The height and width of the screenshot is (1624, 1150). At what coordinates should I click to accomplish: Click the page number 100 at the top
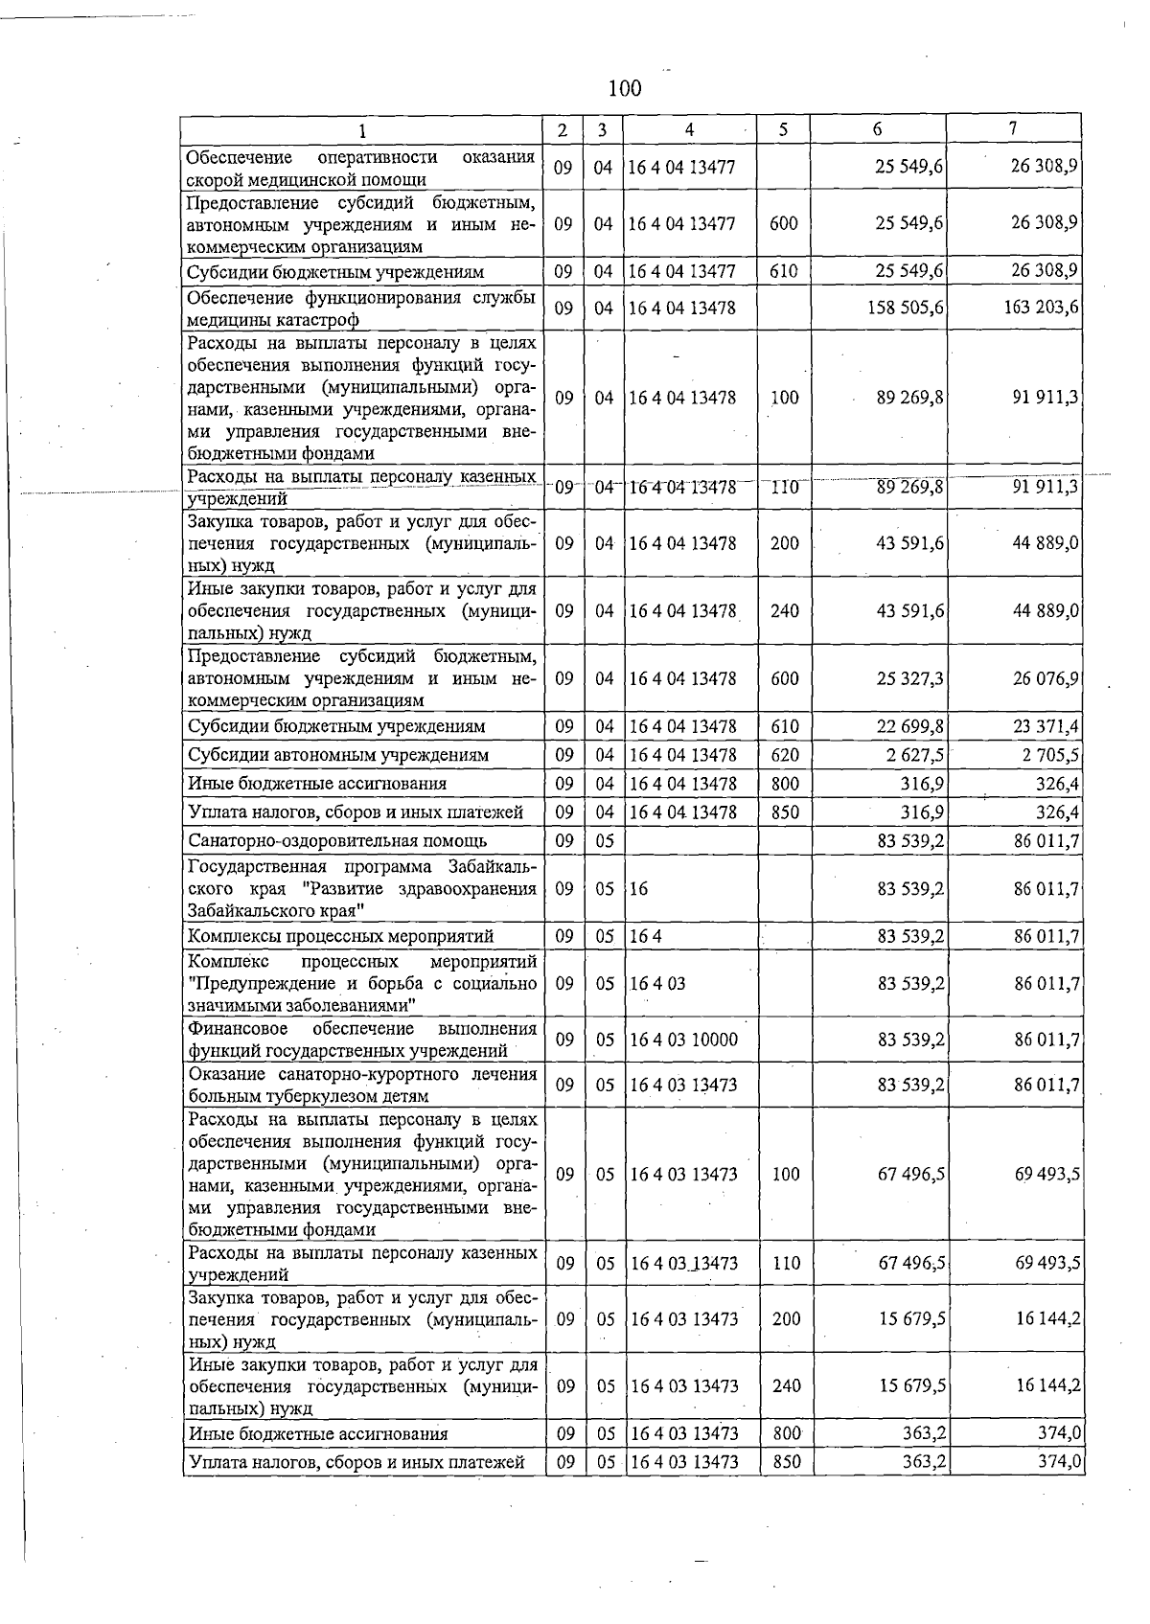point(624,89)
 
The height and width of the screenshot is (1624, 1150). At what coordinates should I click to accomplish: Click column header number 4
point(689,129)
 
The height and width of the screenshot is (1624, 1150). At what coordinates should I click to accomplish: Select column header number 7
point(1013,128)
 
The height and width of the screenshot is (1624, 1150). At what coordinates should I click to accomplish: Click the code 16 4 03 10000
point(683,1040)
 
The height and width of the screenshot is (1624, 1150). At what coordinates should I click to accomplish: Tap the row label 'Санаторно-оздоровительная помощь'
point(337,841)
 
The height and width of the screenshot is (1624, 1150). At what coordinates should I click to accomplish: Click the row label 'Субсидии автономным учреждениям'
point(338,755)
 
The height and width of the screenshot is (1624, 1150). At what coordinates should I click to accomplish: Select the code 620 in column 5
point(784,755)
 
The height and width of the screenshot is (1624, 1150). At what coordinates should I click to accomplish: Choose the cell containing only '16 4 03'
point(657,983)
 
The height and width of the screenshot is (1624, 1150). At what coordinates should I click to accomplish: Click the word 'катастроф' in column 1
point(320,320)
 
